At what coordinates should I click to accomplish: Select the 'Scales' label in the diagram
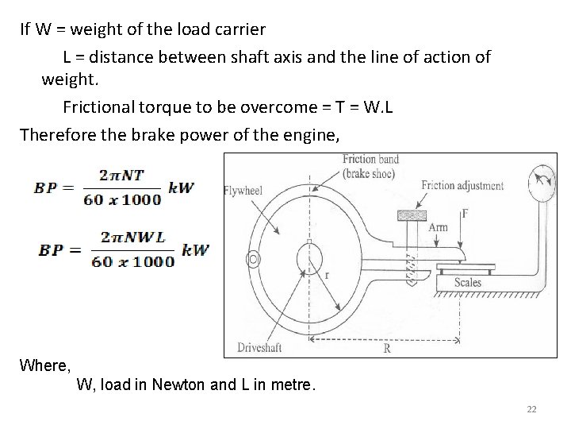click(x=468, y=282)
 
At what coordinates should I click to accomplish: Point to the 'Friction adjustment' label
click(x=462, y=186)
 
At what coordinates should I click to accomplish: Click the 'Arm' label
click(x=438, y=227)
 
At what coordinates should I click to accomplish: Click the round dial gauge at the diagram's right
click(x=542, y=177)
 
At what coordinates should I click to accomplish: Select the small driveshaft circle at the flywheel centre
click(x=311, y=258)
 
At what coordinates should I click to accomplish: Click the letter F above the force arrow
click(x=464, y=214)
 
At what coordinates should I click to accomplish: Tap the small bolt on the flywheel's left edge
click(x=253, y=260)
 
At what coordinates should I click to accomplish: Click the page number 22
click(x=531, y=409)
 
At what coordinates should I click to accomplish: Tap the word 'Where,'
click(x=45, y=365)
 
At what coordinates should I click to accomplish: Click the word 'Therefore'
click(x=56, y=134)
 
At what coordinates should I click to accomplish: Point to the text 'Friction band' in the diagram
click(x=370, y=160)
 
